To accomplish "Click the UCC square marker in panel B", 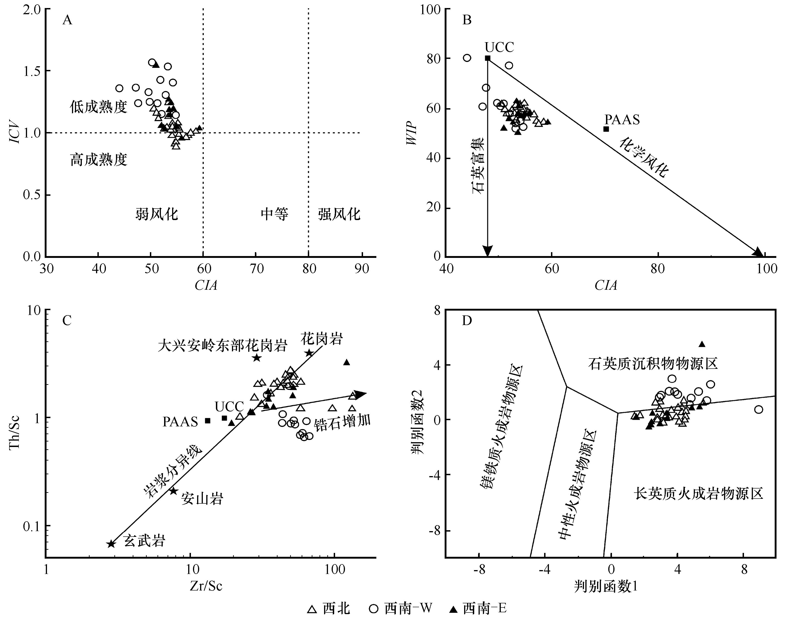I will point(488,58).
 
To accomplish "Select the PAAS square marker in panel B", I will point(606,129).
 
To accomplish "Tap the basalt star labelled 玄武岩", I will point(111,544).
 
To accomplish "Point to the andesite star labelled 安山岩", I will point(174,491).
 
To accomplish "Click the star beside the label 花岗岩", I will point(308,353).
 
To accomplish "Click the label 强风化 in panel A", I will point(339,214).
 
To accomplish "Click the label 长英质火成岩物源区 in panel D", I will point(698,494).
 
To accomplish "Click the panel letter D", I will point(467,321).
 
